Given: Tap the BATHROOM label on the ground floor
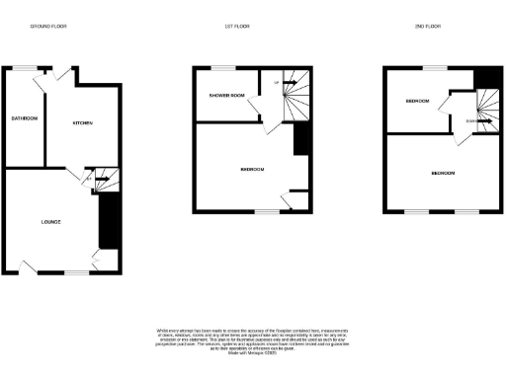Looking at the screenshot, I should (24, 119).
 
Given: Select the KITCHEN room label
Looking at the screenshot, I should (82, 123).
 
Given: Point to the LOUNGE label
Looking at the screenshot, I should (51, 221).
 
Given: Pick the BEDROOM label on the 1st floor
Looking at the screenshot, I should (253, 169).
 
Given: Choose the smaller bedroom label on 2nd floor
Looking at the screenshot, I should (416, 102).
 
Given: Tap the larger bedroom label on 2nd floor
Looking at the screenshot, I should (443, 174).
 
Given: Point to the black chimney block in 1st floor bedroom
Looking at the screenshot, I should (301, 137).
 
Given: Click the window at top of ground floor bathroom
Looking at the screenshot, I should (24, 68).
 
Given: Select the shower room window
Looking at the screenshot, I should (217, 67).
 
